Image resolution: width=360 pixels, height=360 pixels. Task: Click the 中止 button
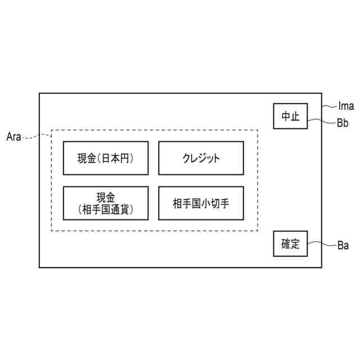coord(290,116)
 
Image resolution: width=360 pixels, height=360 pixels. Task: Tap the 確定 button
coord(290,244)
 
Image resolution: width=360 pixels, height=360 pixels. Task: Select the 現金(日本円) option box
coord(106,158)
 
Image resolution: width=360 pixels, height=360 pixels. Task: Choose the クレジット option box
coord(201,158)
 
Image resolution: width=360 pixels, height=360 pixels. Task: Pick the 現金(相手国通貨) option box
coord(106,203)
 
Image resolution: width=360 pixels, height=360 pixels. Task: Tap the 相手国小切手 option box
coord(201,203)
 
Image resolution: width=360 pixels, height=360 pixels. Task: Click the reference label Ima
coord(346,105)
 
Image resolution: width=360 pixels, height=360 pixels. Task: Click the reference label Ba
coord(343,245)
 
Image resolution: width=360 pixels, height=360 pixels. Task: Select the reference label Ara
coord(13,137)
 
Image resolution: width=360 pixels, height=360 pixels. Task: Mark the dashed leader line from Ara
coord(37,134)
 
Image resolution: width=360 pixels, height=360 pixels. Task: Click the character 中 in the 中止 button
coord(286,116)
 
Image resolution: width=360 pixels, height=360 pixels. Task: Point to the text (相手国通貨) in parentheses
coord(106,210)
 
